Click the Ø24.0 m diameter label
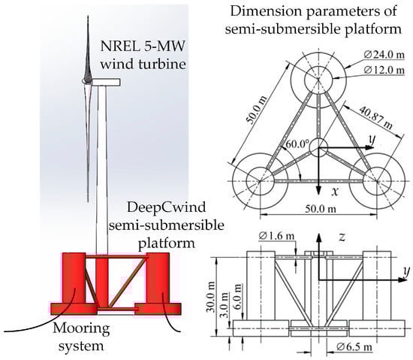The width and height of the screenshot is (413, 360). [x=384, y=55]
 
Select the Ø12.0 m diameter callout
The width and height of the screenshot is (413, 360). [x=384, y=70]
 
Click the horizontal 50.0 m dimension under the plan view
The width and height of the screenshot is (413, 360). [x=321, y=209]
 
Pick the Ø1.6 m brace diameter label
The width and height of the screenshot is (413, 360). [x=276, y=236]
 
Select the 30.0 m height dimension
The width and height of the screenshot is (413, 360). [x=211, y=297]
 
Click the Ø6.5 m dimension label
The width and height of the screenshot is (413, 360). [x=354, y=347]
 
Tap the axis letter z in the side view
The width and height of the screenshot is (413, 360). [x=342, y=237]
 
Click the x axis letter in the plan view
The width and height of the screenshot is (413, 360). [x=334, y=192]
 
